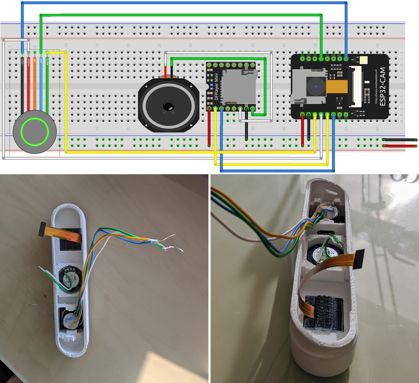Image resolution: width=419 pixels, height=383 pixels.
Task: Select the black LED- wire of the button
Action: (x=22, y=84)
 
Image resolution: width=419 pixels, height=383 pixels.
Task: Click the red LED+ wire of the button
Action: (x=28, y=84)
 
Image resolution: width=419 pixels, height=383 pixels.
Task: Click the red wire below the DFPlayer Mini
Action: (x=209, y=128)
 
